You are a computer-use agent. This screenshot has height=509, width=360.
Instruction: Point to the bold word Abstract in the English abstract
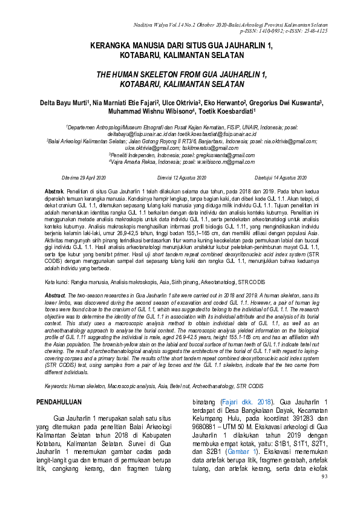(x=57, y=294)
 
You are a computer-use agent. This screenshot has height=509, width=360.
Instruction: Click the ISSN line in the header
(x=284, y=30)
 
